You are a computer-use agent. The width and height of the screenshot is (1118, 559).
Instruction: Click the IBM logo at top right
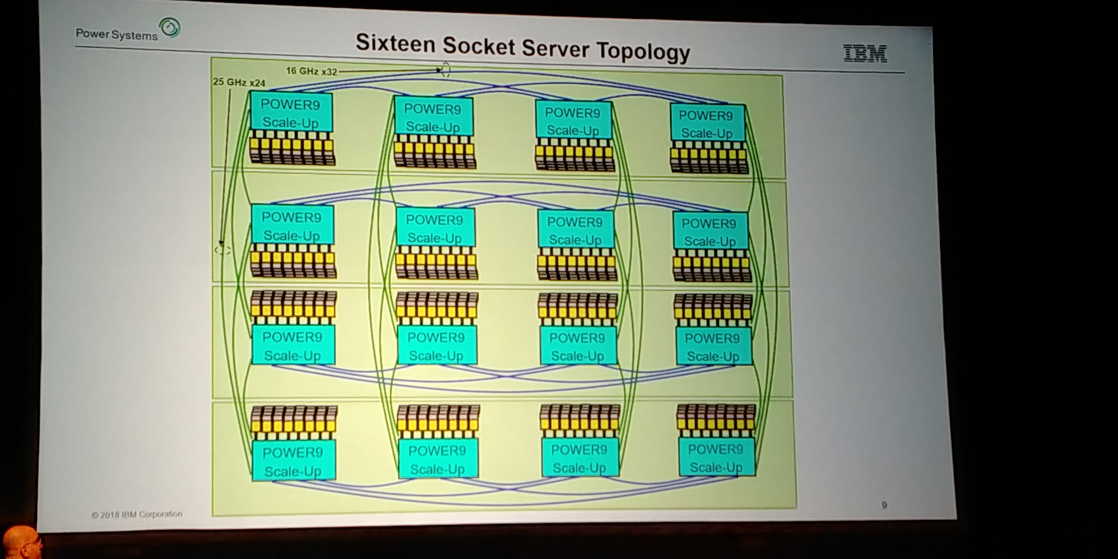pyautogui.click(x=865, y=53)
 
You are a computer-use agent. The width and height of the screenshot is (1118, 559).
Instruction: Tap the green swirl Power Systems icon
pyautogui.click(x=169, y=28)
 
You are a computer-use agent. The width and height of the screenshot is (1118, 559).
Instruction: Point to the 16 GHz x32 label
pyautogui.click(x=311, y=71)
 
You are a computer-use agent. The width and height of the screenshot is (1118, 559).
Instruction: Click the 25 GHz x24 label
pyautogui.click(x=239, y=82)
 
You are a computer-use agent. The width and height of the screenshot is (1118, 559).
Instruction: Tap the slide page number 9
pyautogui.click(x=884, y=505)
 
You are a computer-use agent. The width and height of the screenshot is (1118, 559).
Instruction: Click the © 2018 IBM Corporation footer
pyautogui.click(x=137, y=514)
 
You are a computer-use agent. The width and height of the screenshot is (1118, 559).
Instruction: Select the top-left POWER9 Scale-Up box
pyautogui.click(x=291, y=113)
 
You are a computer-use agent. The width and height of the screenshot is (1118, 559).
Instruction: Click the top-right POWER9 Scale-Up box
pyautogui.click(x=706, y=124)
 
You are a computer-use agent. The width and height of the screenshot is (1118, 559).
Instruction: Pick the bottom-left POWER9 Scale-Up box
pyautogui.click(x=293, y=461)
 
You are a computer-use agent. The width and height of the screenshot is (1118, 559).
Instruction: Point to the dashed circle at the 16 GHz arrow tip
pyautogui.click(x=445, y=70)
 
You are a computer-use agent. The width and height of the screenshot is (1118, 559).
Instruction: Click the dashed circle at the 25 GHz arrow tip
pyautogui.click(x=222, y=250)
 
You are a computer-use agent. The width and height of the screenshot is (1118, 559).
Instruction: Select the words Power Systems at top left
pyautogui.click(x=117, y=35)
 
